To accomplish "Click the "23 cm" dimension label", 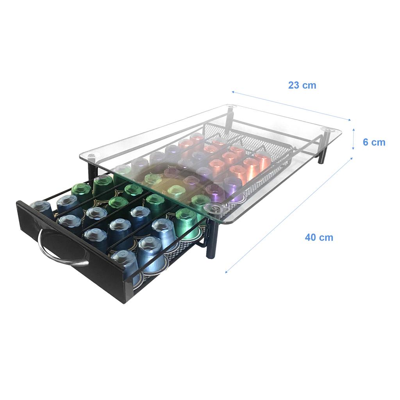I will tap(302, 85).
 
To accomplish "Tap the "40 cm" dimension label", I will tap(319, 237).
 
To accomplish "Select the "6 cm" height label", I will tap(374, 142).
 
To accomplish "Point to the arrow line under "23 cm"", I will tap(291, 106).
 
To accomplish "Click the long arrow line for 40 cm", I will tap(289, 215).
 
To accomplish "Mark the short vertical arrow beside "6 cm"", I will tap(354, 138).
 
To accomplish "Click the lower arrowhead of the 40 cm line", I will tap(227, 271).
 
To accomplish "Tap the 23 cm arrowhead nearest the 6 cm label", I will tap(349, 120).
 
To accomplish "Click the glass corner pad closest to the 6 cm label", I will tap(326, 130).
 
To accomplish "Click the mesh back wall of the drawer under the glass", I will tap(250, 133).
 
